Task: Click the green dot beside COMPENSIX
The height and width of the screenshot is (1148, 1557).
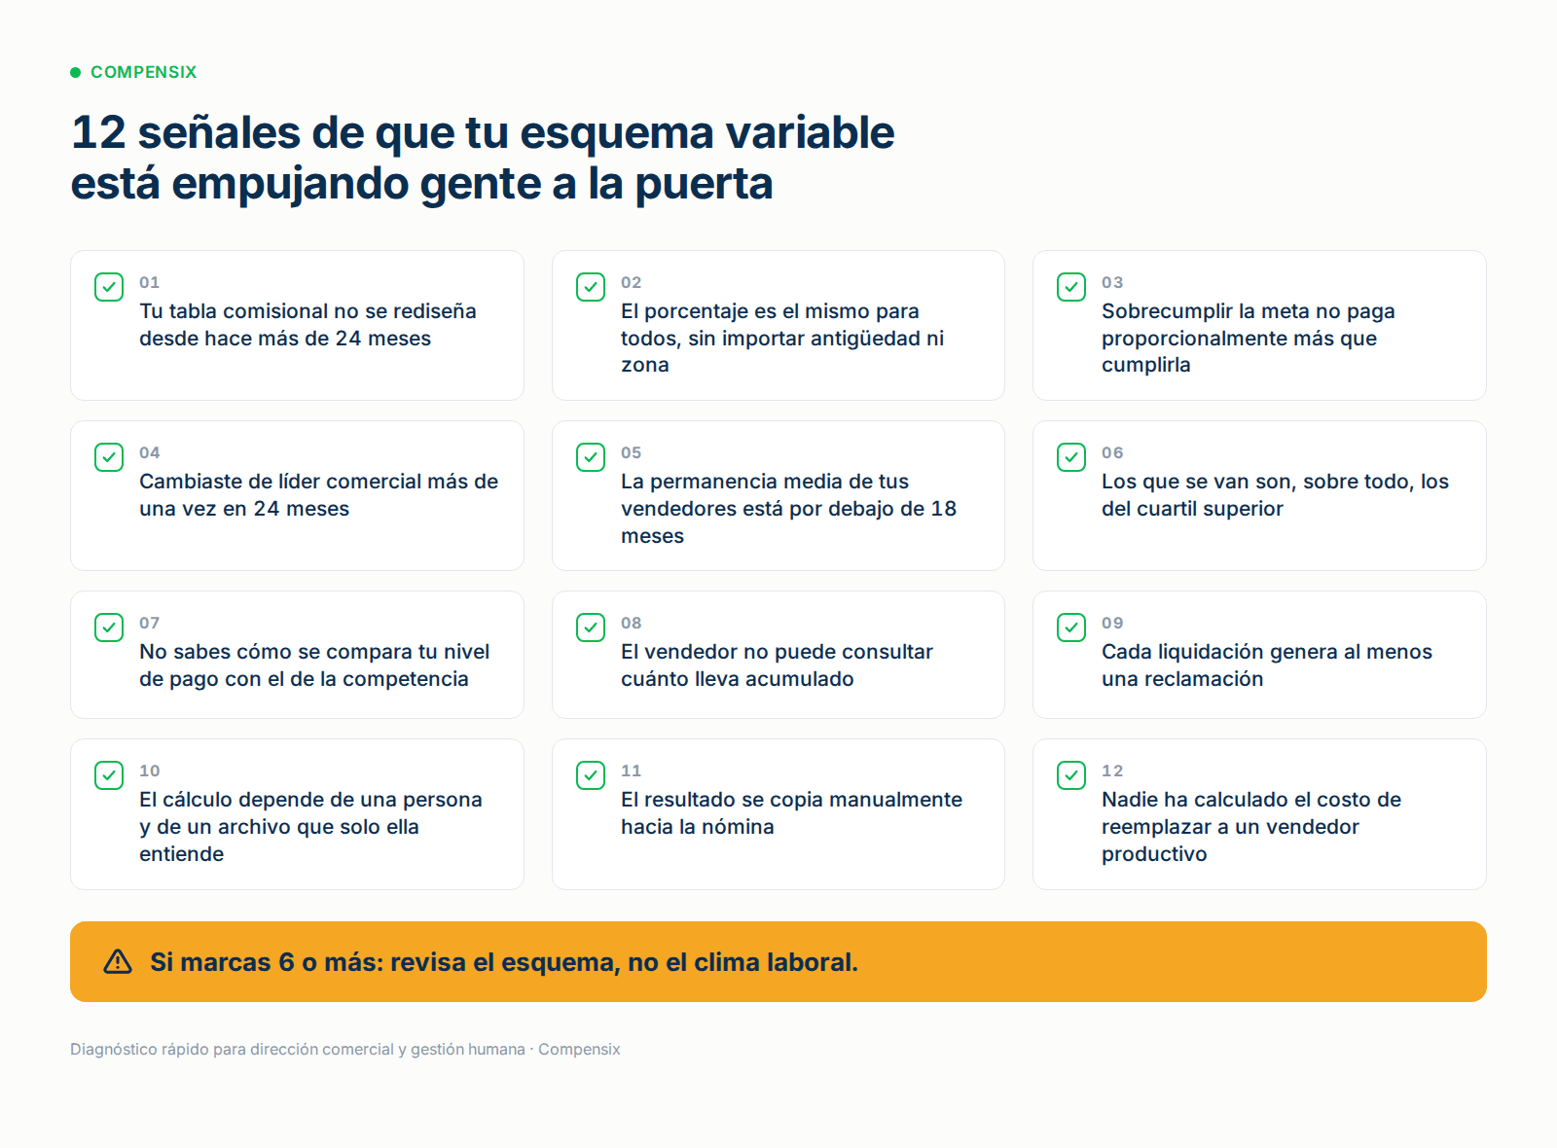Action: coord(76,72)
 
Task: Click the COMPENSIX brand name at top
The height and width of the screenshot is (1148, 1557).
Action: coord(144,72)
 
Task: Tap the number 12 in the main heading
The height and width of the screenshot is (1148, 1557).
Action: coord(98,132)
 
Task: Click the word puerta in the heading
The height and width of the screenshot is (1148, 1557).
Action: coord(704,185)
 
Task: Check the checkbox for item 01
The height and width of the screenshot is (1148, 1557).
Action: coord(109,287)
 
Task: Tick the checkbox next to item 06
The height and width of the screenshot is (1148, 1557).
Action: coord(1071,457)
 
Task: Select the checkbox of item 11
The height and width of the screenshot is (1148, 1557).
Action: coord(590,775)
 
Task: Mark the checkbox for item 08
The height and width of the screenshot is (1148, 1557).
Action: coord(590,628)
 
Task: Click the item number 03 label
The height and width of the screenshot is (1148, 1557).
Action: coord(1112,283)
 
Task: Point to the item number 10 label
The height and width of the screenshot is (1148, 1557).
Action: coord(150,771)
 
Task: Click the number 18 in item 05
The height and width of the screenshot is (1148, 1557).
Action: coord(943,509)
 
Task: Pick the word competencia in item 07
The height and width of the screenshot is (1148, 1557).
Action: coord(405,680)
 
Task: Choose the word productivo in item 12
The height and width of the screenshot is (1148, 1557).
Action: coord(1154,855)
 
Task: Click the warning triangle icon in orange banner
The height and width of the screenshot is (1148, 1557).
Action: coord(118,962)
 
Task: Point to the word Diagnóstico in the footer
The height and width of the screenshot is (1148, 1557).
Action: coord(113,1050)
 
